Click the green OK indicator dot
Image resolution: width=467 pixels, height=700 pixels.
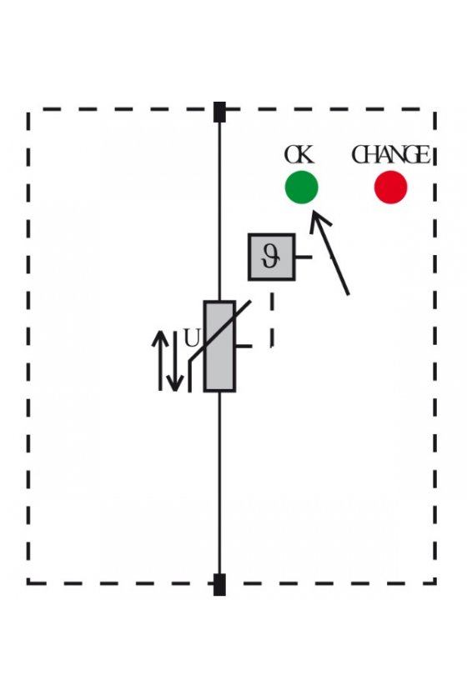(x=302, y=187)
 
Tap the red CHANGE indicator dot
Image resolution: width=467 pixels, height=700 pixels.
(x=390, y=187)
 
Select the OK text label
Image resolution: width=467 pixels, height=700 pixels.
(x=299, y=155)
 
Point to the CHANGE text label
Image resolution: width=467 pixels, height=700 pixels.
(x=390, y=155)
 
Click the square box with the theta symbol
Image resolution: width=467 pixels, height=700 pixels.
(x=271, y=257)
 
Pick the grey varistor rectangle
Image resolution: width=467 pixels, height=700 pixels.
(x=219, y=347)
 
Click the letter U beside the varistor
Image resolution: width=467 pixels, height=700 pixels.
(x=192, y=338)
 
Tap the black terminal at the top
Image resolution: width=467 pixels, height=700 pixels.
(x=219, y=112)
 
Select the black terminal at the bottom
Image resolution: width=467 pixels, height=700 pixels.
(x=219, y=584)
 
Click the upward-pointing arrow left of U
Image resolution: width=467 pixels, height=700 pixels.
(x=159, y=360)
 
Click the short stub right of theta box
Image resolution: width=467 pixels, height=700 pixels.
(x=304, y=257)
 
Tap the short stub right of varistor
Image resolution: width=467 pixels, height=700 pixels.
(x=244, y=346)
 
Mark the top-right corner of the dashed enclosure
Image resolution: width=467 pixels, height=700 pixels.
(x=435, y=109)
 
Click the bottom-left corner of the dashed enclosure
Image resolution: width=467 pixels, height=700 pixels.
(x=28, y=582)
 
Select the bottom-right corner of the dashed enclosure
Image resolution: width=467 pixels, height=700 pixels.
(x=435, y=582)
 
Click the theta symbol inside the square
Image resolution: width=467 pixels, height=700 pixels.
(x=271, y=257)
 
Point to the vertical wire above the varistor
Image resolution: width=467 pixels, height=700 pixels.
(x=219, y=211)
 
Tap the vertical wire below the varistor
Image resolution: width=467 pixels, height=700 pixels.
(x=219, y=483)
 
